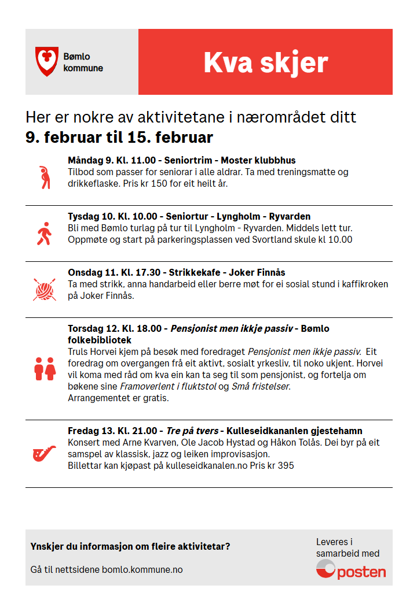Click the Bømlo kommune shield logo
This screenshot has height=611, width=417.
tap(47, 62)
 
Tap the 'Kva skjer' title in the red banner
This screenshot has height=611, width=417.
tap(265, 62)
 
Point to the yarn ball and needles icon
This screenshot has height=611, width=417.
tap(45, 289)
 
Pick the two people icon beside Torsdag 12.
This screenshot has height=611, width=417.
tap(45, 368)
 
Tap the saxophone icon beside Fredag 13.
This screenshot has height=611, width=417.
tap(45, 453)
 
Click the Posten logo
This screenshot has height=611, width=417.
tap(351, 571)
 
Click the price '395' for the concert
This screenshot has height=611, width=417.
tap(286, 465)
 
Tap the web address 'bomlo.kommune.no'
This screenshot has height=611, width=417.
tap(142, 569)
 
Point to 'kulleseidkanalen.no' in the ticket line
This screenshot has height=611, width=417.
tap(198, 465)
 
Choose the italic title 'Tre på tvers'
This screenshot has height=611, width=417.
tap(192, 431)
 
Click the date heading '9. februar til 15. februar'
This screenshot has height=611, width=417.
tap(119, 138)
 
